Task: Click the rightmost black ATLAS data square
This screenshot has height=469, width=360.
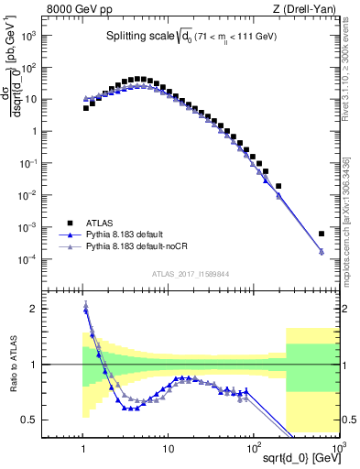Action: [x=321, y=234]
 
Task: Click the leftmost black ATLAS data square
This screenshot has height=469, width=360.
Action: [x=85, y=107]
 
